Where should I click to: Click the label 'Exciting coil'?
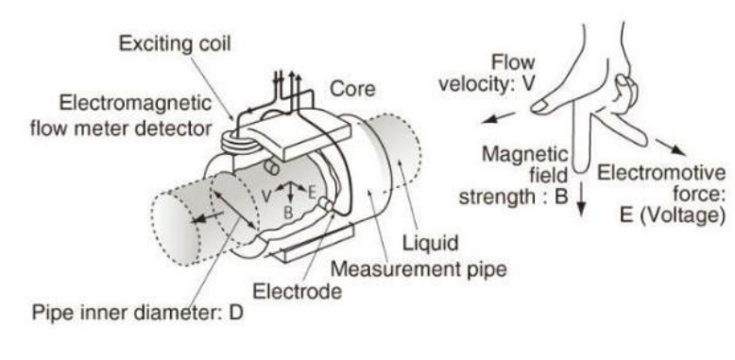(175, 43)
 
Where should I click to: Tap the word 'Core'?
(352, 89)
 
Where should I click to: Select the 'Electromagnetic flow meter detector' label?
(122, 115)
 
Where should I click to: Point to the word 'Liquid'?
(430, 243)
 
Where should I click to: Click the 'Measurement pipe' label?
(419, 269)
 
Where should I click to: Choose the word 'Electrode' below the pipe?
(298, 292)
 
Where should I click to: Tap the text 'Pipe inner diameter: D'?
(138, 312)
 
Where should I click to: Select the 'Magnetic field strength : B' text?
(514, 176)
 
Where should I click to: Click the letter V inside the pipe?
(266, 196)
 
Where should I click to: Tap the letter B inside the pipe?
(289, 213)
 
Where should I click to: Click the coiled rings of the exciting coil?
(239, 142)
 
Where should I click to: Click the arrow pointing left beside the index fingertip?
(499, 117)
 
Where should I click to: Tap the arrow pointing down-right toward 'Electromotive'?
(670, 146)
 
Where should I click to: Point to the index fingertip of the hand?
(538, 108)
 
